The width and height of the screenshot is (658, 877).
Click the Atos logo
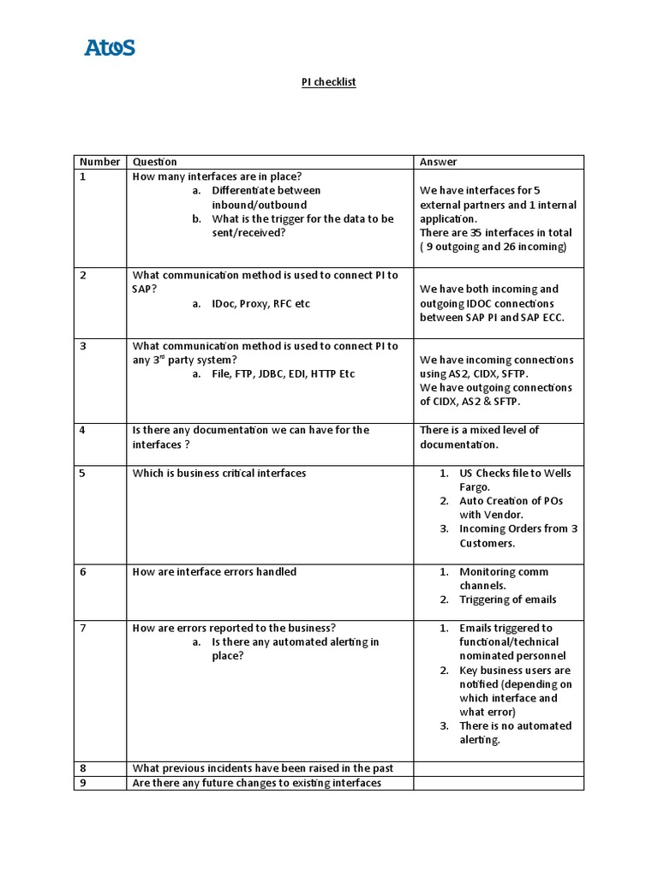(x=110, y=47)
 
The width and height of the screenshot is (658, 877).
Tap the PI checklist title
(x=328, y=82)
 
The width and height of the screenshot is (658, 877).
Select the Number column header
(x=99, y=162)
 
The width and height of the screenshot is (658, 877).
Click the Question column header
(x=155, y=162)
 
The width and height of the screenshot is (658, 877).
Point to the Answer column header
(x=439, y=162)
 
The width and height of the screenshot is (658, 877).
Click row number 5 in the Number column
(x=83, y=474)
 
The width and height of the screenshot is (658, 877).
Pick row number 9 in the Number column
(x=83, y=783)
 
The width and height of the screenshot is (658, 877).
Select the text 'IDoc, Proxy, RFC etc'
(x=260, y=304)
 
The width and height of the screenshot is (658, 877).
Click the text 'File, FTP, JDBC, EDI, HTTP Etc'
(x=283, y=374)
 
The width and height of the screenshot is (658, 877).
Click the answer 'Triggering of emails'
(x=507, y=600)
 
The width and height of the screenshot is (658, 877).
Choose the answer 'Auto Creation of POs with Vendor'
(x=511, y=508)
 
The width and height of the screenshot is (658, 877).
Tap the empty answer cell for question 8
(x=499, y=768)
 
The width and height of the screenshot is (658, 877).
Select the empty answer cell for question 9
(x=499, y=783)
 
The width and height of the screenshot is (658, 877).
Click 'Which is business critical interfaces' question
(x=218, y=474)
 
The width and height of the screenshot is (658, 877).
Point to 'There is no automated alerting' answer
(x=514, y=732)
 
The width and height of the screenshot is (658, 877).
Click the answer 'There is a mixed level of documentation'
(x=479, y=438)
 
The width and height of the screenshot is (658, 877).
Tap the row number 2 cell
(x=83, y=276)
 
